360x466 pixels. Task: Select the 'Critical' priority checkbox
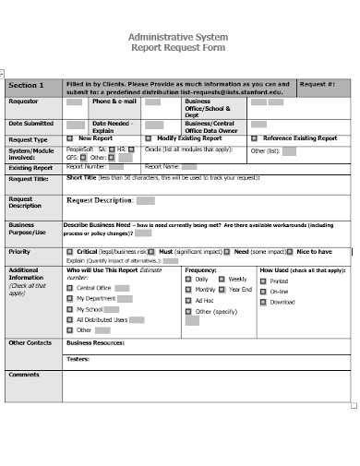[70, 251]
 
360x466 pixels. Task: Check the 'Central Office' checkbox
[70, 288]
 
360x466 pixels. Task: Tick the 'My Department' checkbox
[70, 299]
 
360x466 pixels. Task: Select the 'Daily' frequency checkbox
[188, 279]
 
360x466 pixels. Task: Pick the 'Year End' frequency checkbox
[222, 290]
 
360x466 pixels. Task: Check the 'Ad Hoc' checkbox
[188, 301]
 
